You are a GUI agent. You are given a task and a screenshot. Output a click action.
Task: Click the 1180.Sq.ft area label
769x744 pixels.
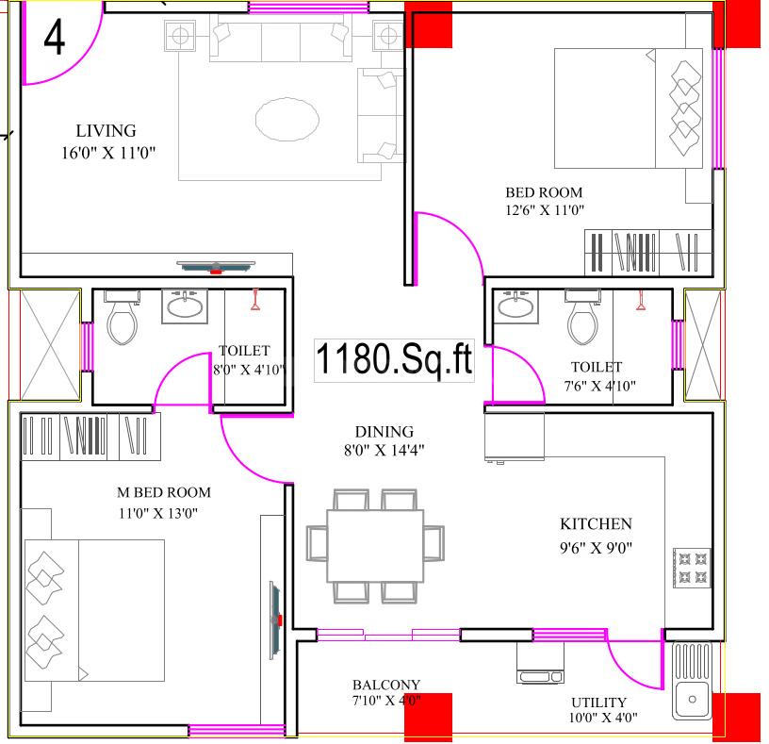(x=393, y=360)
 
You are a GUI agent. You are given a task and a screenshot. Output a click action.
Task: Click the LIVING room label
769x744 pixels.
(x=106, y=131)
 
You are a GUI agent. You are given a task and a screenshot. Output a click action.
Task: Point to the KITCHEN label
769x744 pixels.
(x=596, y=524)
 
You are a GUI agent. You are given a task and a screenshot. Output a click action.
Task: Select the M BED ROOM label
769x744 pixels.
(x=163, y=492)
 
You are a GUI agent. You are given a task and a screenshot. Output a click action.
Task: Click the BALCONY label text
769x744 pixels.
(x=386, y=685)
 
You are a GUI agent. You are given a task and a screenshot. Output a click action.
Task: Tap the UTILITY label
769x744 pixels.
(x=598, y=703)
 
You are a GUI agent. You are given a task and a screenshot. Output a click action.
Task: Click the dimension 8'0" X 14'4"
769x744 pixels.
(x=384, y=450)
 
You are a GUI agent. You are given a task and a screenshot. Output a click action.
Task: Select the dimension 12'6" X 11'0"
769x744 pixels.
(x=545, y=210)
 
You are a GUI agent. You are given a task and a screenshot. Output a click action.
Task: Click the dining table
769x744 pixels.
(x=374, y=546)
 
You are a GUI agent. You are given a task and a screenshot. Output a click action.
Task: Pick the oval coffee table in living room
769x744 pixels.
(x=286, y=119)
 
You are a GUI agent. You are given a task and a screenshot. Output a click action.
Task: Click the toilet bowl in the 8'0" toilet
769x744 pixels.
(x=122, y=320)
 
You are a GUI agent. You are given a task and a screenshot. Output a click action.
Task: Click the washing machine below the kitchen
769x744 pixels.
(x=540, y=664)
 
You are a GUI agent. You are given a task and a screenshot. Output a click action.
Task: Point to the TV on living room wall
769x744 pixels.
(x=216, y=267)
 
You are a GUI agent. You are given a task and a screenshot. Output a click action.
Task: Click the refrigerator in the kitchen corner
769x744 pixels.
(x=515, y=435)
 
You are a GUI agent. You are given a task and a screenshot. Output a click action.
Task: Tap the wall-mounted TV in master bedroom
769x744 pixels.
(x=275, y=618)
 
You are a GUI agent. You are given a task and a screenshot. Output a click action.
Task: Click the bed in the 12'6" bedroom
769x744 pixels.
(x=628, y=108)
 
